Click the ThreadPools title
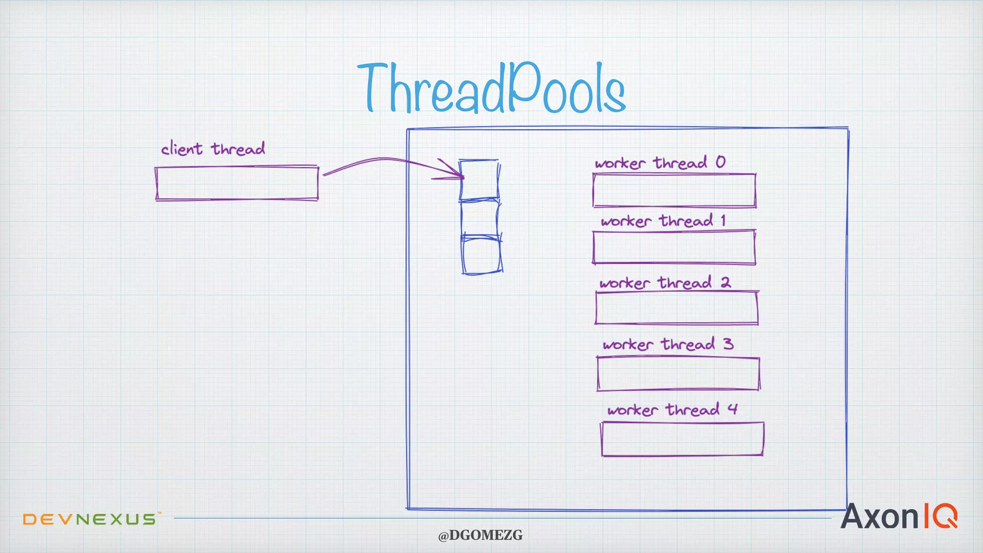(x=491, y=89)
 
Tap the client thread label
(x=213, y=149)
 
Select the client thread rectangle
(x=237, y=183)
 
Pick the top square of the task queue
(x=479, y=180)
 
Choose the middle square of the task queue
(x=479, y=217)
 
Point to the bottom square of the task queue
(x=481, y=255)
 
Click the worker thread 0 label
(x=660, y=163)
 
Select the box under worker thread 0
(x=674, y=191)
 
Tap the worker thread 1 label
(x=663, y=221)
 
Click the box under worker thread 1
(x=674, y=247)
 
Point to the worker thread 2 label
(x=665, y=283)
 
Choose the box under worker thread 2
(x=677, y=308)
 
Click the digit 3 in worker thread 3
(x=729, y=344)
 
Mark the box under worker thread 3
(x=678, y=373)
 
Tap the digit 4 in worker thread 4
(x=732, y=409)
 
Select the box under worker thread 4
(x=682, y=439)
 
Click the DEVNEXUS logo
(x=90, y=519)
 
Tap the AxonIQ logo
(x=899, y=516)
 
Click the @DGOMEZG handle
(x=480, y=535)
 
